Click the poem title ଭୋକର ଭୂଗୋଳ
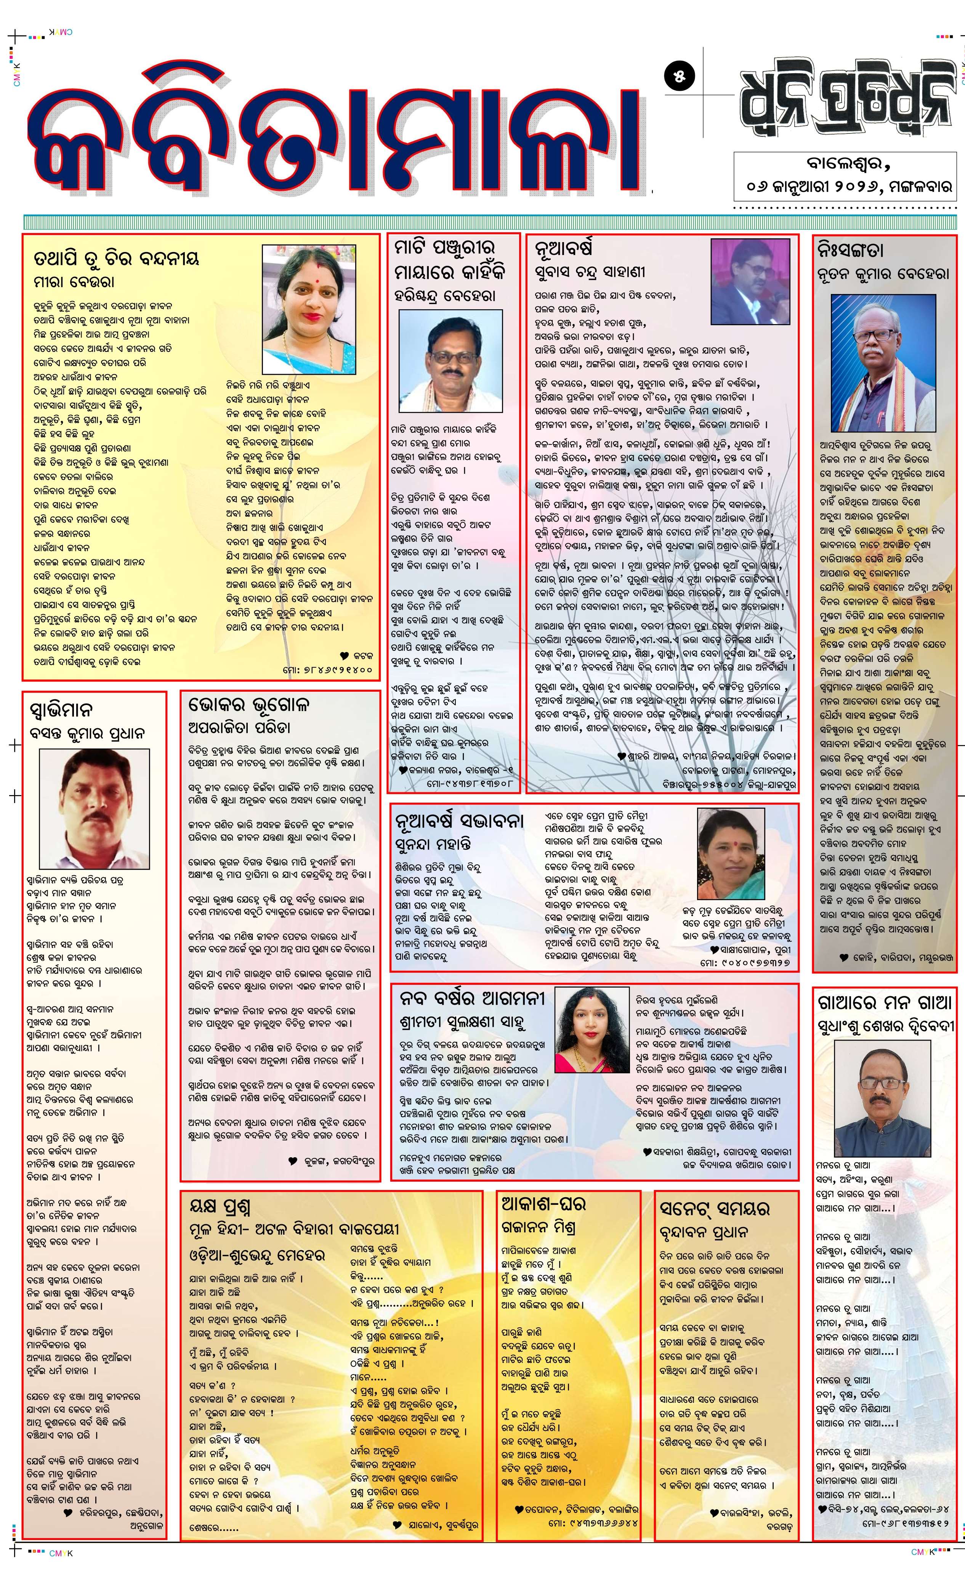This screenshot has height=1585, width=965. coord(249,704)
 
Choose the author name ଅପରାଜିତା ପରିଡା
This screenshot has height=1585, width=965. coord(239,728)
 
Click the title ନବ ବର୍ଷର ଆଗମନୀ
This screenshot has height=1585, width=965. coord(472,998)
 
